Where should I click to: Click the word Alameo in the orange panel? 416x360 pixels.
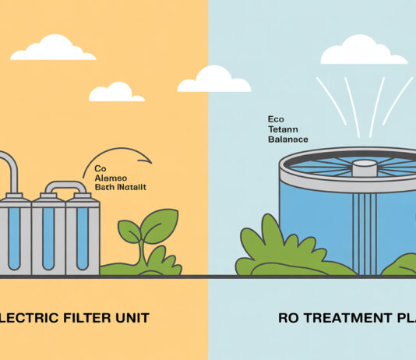[112, 178]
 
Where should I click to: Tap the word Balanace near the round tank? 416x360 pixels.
[287, 139]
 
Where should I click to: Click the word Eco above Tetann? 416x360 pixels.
[275, 121]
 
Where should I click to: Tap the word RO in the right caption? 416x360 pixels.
[289, 318]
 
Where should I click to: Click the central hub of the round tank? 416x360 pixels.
[365, 168]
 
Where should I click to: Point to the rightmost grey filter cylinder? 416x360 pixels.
[83, 234]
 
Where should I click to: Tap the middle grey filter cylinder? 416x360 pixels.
[48, 234]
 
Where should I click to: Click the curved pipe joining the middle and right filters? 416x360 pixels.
[65, 187]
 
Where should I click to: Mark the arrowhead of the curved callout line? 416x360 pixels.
[148, 161]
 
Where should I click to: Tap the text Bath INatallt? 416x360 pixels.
[119, 188]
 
